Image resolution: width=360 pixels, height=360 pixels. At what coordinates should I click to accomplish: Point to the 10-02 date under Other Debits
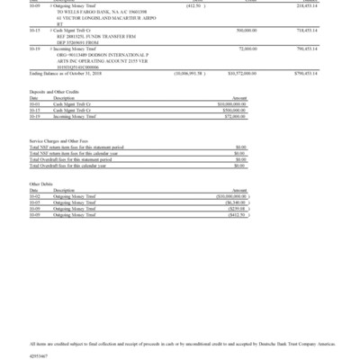[x=35, y=196]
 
